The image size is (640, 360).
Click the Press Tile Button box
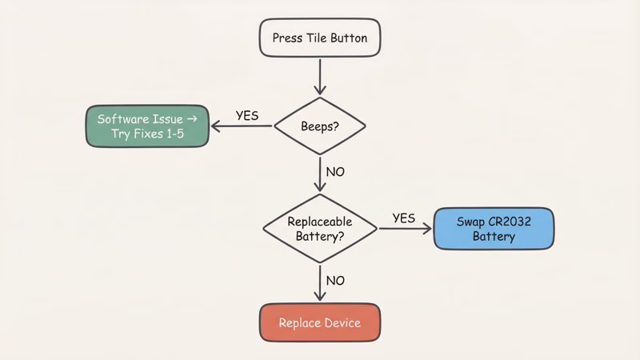pos(319,38)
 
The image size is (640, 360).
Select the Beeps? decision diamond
pos(319,126)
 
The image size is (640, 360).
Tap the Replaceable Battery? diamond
pos(319,229)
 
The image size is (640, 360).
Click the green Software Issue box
pos(147,126)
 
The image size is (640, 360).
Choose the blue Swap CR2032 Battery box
pos(493,229)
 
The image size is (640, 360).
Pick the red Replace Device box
pos(319,323)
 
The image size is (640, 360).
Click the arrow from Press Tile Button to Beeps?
pos(319,77)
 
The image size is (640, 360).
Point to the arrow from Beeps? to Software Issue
pos(240,126)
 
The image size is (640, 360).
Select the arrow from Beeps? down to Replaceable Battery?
pos(319,174)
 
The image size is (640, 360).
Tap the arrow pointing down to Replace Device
pos(319,283)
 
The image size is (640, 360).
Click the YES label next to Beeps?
pos(247,115)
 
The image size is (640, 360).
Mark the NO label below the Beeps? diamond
pos(336,172)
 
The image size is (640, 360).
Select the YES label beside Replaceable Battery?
pos(404,218)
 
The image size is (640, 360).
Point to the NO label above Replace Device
pos(336,281)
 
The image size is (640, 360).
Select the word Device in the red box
pos(341,323)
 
